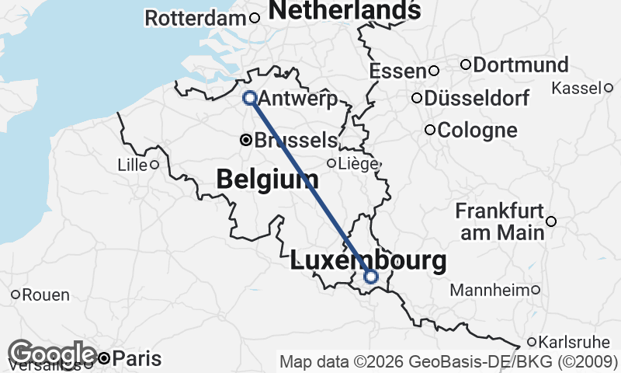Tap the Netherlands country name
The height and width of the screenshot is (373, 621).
click(x=345, y=10)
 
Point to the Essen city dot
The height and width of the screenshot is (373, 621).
click(x=434, y=71)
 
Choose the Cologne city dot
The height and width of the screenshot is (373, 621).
click(x=429, y=130)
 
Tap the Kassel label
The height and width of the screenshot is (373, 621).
click(x=577, y=88)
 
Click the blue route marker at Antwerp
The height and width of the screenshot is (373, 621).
click(x=250, y=98)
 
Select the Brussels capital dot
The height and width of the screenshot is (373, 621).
click(x=246, y=141)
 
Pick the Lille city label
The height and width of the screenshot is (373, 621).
click(x=131, y=165)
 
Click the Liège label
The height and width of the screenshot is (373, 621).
click(x=358, y=164)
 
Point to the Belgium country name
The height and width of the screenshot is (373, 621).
click(x=267, y=180)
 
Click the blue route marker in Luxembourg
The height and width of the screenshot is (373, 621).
click(x=371, y=277)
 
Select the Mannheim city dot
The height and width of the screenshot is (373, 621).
click(x=536, y=290)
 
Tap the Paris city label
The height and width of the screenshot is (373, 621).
click(x=137, y=359)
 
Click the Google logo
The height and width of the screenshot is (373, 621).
click(x=53, y=354)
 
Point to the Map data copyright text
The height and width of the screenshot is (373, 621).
click(x=449, y=361)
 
